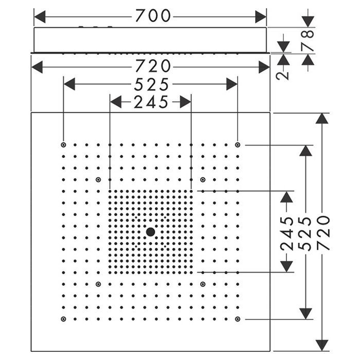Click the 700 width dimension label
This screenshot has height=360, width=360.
point(153,16)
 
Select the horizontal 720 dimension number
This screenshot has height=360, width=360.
point(153,66)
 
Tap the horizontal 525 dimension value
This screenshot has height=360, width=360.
point(151,84)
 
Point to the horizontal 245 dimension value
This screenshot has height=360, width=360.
point(151,102)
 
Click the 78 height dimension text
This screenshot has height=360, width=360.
point(308,41)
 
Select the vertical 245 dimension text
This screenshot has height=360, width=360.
point(287,233)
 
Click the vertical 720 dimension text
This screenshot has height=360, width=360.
point(323,232)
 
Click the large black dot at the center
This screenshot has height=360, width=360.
point(150,232)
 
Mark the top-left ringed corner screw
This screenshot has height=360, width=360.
point(63,145)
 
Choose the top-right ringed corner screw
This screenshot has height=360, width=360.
point(238,145)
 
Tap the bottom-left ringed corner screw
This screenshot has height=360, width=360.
point(63,319)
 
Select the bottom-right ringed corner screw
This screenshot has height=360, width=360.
point(238,319)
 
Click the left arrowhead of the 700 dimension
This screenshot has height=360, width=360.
point(40,17)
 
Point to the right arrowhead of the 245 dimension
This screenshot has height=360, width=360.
point(186,102)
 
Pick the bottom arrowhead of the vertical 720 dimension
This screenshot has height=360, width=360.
point(322,346)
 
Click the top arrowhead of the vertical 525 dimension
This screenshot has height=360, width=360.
point(305,151)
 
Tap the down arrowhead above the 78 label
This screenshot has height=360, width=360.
point(308,22)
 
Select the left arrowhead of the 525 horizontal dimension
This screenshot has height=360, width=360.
point(69,84)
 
